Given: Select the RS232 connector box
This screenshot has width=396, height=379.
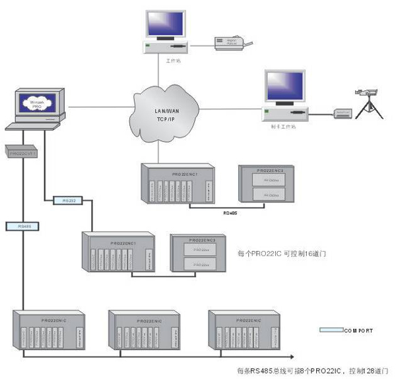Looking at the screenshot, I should (68, 200).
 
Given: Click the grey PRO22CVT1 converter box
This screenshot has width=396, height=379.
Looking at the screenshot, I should (21, 152).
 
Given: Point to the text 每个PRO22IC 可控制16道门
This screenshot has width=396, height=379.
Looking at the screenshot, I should (282, 253).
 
